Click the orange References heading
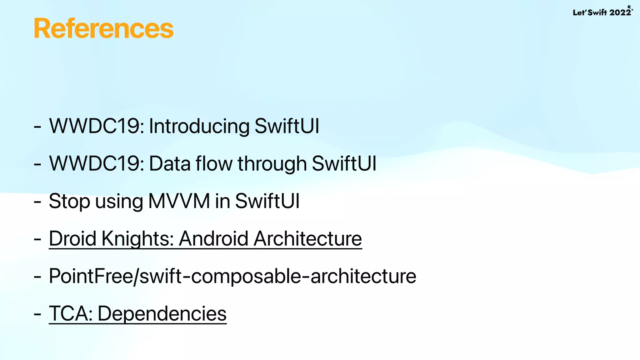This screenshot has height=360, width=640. pos(103,29)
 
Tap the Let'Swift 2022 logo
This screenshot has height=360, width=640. pos(602,12)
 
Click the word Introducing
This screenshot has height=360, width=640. pos(199,126)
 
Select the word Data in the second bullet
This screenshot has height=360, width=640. pos(170,164)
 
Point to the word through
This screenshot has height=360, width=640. pos(272,164)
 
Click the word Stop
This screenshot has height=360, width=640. pos(69,201)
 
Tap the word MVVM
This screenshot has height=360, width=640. pos(179,201)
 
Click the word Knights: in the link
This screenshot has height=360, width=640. pos(137,239)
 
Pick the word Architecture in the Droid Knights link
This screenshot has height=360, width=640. pos(308,239)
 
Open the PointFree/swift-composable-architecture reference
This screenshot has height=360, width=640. pos(232,276)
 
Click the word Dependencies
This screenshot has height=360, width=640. pos(162,314)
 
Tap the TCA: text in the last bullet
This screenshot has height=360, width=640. pos(71,314)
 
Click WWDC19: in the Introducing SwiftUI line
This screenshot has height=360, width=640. pos(97,126)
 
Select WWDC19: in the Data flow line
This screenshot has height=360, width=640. pos(97,164)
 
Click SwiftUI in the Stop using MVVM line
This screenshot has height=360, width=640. pos(267,201)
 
